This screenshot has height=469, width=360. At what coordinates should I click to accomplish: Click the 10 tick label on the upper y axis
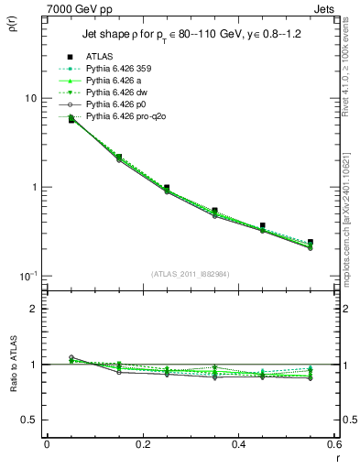(x=29, y=98)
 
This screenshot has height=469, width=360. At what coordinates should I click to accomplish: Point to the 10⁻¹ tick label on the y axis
(x=27, y=276)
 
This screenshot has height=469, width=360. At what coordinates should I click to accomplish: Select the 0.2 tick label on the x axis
(x=142, y=445)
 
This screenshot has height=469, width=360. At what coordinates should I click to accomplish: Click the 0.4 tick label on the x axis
(x=238, y=445)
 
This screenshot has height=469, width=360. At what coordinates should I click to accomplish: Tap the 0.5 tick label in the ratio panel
(x=29, y=420)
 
